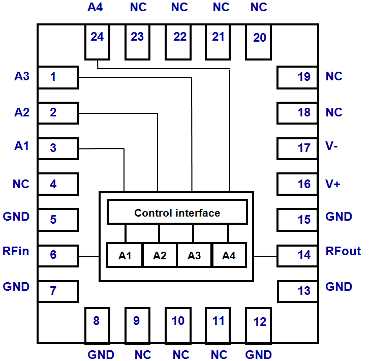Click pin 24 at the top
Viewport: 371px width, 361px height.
[97, 42]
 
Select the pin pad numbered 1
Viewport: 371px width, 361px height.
[58, 77]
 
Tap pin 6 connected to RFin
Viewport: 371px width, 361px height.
[58, 255]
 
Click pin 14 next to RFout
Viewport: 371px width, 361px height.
[297, 255]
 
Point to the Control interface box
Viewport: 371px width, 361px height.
[177, 212]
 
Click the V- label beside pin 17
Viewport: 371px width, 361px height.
[333, 147]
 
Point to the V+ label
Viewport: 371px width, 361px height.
[333, 184]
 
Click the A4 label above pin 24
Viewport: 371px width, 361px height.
[95, 8]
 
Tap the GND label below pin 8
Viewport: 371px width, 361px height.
[101, 354]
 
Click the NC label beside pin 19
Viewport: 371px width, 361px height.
[334, 76]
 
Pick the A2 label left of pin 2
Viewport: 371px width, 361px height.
[22, 112]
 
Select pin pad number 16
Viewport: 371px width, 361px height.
[297, 184]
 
